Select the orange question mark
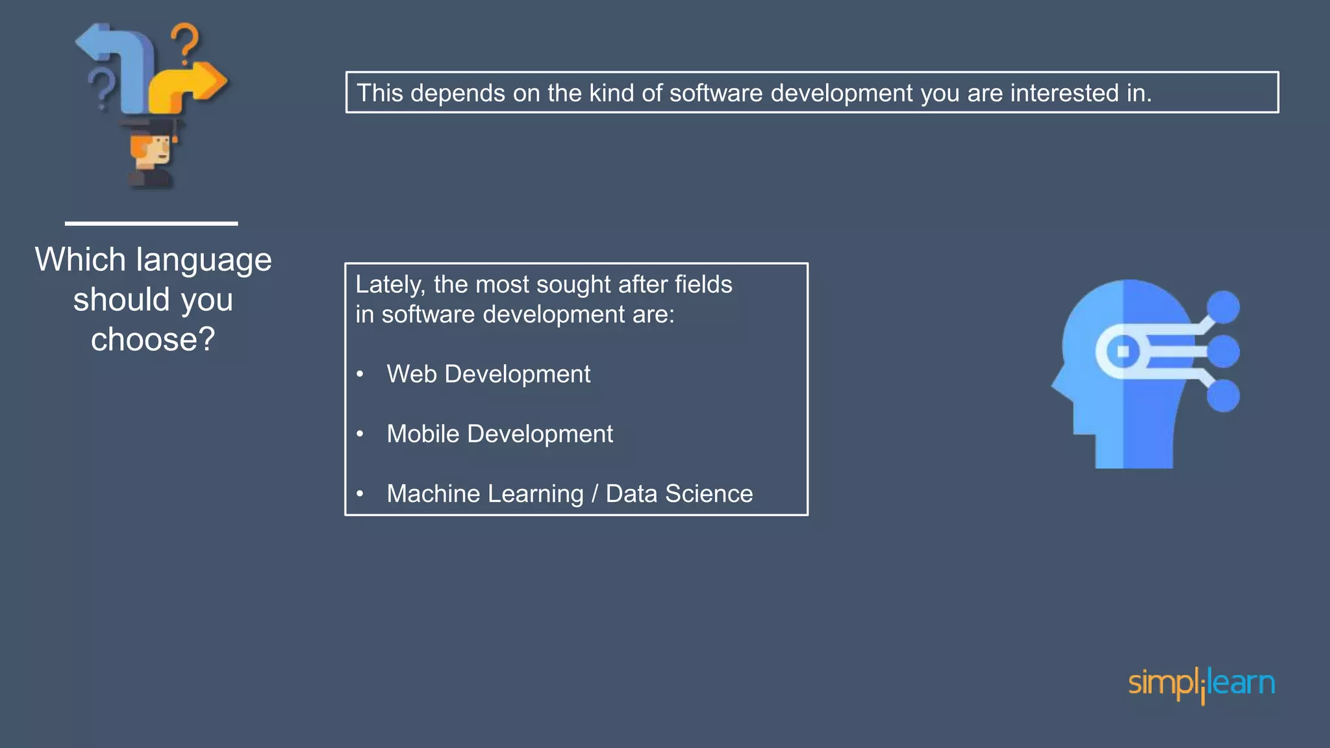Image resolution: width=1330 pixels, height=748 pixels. click(x=186, y=43)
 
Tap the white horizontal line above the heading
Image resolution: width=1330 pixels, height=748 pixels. click(x=151, y=223)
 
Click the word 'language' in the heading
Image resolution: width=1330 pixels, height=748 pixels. click(x=204, y=260)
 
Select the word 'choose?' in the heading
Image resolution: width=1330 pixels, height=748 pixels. click(x=153, y=340)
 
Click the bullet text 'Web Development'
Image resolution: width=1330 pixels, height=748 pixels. click(x=488, y=374)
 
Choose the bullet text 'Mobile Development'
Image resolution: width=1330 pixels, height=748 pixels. click(x=499, y=434)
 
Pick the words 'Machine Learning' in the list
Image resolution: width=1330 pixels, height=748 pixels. click(x=485, y=493)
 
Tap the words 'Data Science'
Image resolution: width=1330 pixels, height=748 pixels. click(x=679, y=493)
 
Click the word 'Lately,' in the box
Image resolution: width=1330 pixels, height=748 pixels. click(x=390, y=284)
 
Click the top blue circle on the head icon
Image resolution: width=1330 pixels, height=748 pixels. click(x=1223, y=307)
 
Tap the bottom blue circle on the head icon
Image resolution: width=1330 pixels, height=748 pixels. click(x=1223, y=395)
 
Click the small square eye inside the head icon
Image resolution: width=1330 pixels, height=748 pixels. click(x=1123, y=352)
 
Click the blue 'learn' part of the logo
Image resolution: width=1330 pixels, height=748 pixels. click(x=1242, y=682)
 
